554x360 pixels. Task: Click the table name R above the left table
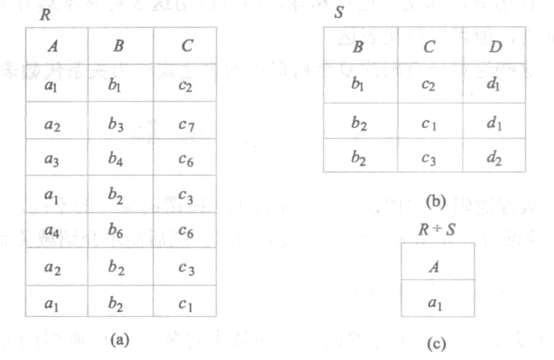pyautogui.click(x=44, y=15)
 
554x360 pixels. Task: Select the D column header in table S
pyautogui.click(x=494, y=47)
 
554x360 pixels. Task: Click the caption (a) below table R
pyautogui.click(x=119, y=338)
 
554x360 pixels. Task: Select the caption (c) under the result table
pyautogui.click(x=436, y=344)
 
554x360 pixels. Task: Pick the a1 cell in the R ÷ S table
pyautogui.click(x=438, y=303)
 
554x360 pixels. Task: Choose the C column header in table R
pyautogui.click(x=186, y=46)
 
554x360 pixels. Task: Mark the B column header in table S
pyautogui.click(x=358, y=47)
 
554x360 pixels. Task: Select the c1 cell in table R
pyautogui.click(x=186, y=303)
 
